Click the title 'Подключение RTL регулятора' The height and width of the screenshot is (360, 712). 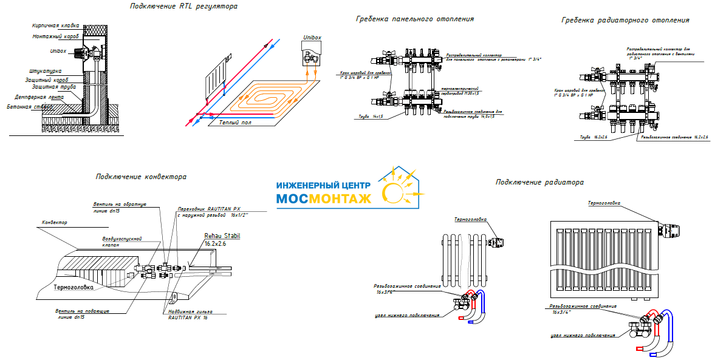(183, 7)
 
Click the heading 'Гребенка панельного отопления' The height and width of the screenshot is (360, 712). (414, 19)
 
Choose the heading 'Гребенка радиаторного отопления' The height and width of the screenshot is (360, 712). (625, 21)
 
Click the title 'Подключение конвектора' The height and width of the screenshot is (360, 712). (140, 177)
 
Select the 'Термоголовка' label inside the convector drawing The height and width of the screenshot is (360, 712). (75, 288)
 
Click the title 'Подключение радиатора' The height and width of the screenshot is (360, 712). (539, 182)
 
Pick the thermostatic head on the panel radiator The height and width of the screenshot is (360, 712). (669, 229)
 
